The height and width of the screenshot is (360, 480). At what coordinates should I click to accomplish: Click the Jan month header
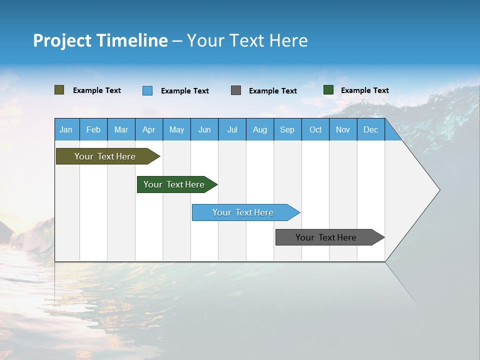[66, 129]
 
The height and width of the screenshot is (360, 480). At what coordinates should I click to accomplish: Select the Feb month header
[93, 129]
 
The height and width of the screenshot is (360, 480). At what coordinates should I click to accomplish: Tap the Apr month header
[148, 129]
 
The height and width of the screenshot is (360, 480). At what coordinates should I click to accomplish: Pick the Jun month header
[204, 129]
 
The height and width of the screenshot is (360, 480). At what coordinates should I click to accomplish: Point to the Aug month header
[259, 129]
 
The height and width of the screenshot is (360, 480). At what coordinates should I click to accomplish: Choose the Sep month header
[287, 129]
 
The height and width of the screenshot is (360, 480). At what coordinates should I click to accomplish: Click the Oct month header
[315, 129]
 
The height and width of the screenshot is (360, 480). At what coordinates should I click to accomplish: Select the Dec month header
[370, 129]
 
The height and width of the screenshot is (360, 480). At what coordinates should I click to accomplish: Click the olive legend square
[59, 90]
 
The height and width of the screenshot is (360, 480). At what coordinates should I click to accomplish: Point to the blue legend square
[147, 90]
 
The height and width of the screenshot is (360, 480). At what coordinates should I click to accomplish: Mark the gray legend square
[236, 90]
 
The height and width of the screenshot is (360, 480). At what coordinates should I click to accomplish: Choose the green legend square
[328, 90]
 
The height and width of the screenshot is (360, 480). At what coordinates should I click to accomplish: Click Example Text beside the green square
[364, 90]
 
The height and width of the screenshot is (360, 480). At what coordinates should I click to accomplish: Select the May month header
[176, 129]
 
